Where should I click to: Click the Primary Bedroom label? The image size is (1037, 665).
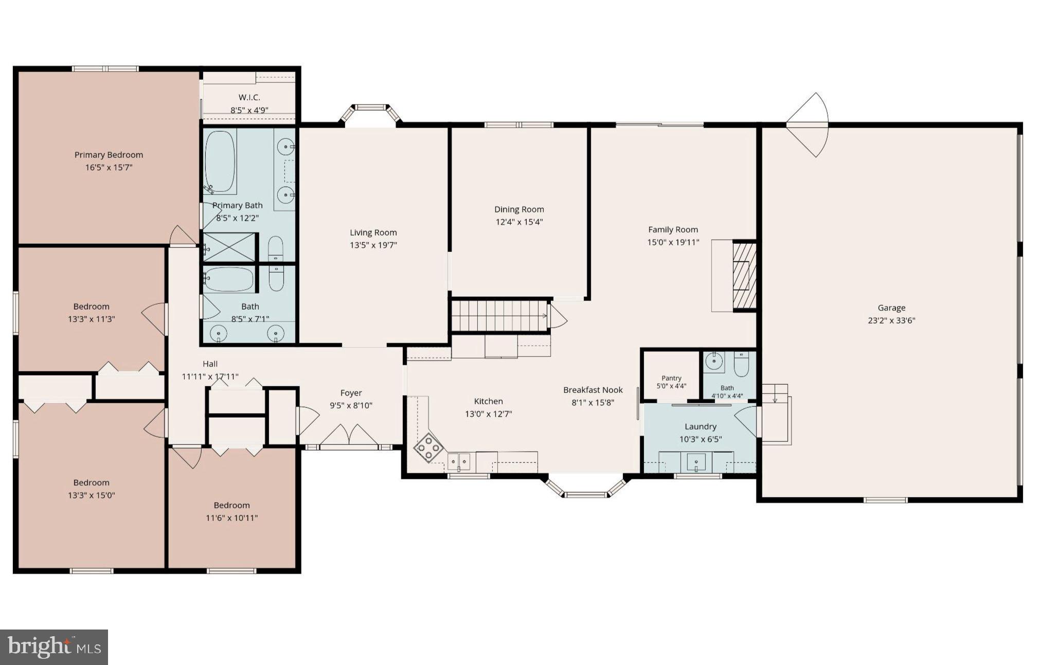[109, 155]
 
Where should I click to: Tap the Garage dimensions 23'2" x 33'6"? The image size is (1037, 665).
[891, 320]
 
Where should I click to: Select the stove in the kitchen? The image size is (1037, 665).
[429, 447]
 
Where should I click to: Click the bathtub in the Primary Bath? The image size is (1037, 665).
[220, 161]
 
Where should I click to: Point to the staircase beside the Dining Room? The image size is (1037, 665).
[499, 316]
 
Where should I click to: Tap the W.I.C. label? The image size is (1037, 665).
[249, 97]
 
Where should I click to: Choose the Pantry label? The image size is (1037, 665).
[671, 378]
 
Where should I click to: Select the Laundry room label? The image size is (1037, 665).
[701, 426]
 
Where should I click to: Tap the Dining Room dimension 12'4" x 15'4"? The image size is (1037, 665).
[519, 222]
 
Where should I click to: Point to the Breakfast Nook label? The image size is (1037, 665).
[593, 390]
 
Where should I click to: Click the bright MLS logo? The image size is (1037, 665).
[53, 647]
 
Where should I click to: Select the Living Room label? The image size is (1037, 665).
[373, 232]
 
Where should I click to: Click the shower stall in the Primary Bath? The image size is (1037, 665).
[229, 247]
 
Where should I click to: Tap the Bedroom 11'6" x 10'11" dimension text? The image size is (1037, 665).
[232, 518]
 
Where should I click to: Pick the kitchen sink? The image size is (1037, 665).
[459, 462]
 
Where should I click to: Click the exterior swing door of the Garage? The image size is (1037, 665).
[808, 124]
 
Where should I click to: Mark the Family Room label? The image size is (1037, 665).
[673, 230]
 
